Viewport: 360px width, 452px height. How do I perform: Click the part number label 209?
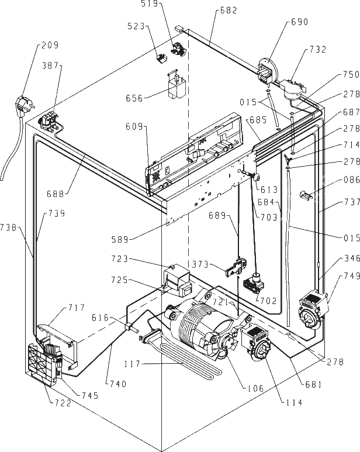[x=50, y=45]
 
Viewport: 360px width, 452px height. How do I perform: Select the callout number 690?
[x=300, y=22]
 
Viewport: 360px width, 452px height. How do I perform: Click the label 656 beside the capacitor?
[x=134, y=98]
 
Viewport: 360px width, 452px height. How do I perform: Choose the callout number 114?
[x=294, y=402]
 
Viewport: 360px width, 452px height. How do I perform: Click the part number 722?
[x=62, y=403]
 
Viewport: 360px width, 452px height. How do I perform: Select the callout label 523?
[x=136, y=26]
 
